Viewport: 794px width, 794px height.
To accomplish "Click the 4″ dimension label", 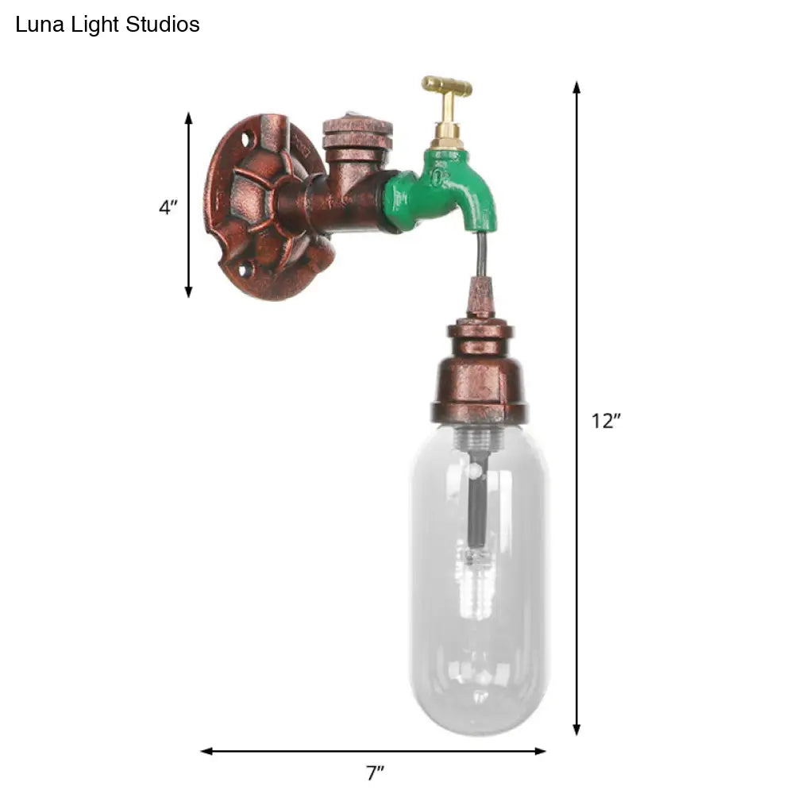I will coord(168,208).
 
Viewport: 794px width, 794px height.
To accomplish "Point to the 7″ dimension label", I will coord(374,772).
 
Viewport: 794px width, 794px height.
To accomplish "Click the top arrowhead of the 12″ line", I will coord(577,87).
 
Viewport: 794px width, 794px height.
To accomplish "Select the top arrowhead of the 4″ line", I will coord(189,118).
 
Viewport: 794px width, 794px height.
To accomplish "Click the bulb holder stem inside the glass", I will coord(476,508).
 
